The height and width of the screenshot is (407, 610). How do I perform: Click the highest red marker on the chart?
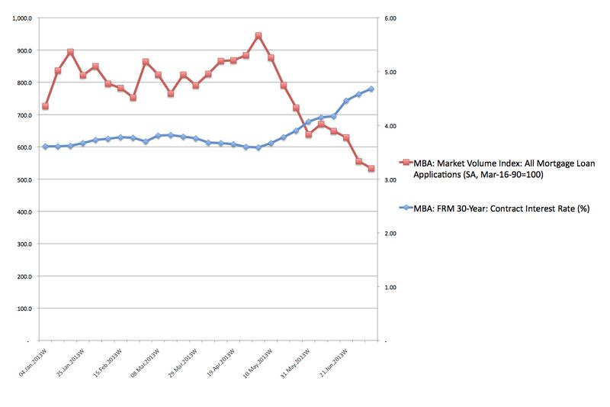point(258,36)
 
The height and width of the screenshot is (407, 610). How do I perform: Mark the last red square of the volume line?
point(371,169)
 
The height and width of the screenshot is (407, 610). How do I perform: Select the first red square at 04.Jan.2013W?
point(45,106)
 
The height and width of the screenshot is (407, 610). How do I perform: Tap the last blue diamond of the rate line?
point(371,89)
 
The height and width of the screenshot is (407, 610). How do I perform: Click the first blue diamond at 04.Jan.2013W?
point(45,146)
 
